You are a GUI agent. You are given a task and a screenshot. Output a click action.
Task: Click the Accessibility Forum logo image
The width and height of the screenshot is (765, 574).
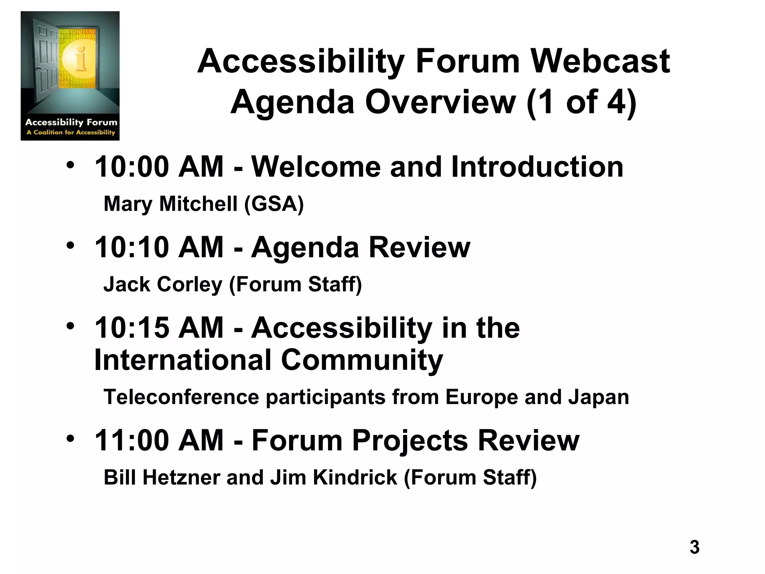pos(70,76)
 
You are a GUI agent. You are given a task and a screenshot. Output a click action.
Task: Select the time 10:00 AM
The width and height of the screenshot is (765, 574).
pos(159,167)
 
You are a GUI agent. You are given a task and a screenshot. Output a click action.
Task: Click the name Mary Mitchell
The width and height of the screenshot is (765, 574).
pos(170,204)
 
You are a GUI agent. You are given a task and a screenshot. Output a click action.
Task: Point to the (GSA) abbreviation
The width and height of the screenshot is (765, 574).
pos(274,204)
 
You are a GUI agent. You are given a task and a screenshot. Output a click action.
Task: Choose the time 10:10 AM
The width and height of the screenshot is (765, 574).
pos(159,247)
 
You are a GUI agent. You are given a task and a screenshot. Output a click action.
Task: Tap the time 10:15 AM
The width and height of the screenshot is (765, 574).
pos(159,328)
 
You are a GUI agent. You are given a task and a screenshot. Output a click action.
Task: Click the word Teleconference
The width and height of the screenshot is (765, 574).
pos(181,397)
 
